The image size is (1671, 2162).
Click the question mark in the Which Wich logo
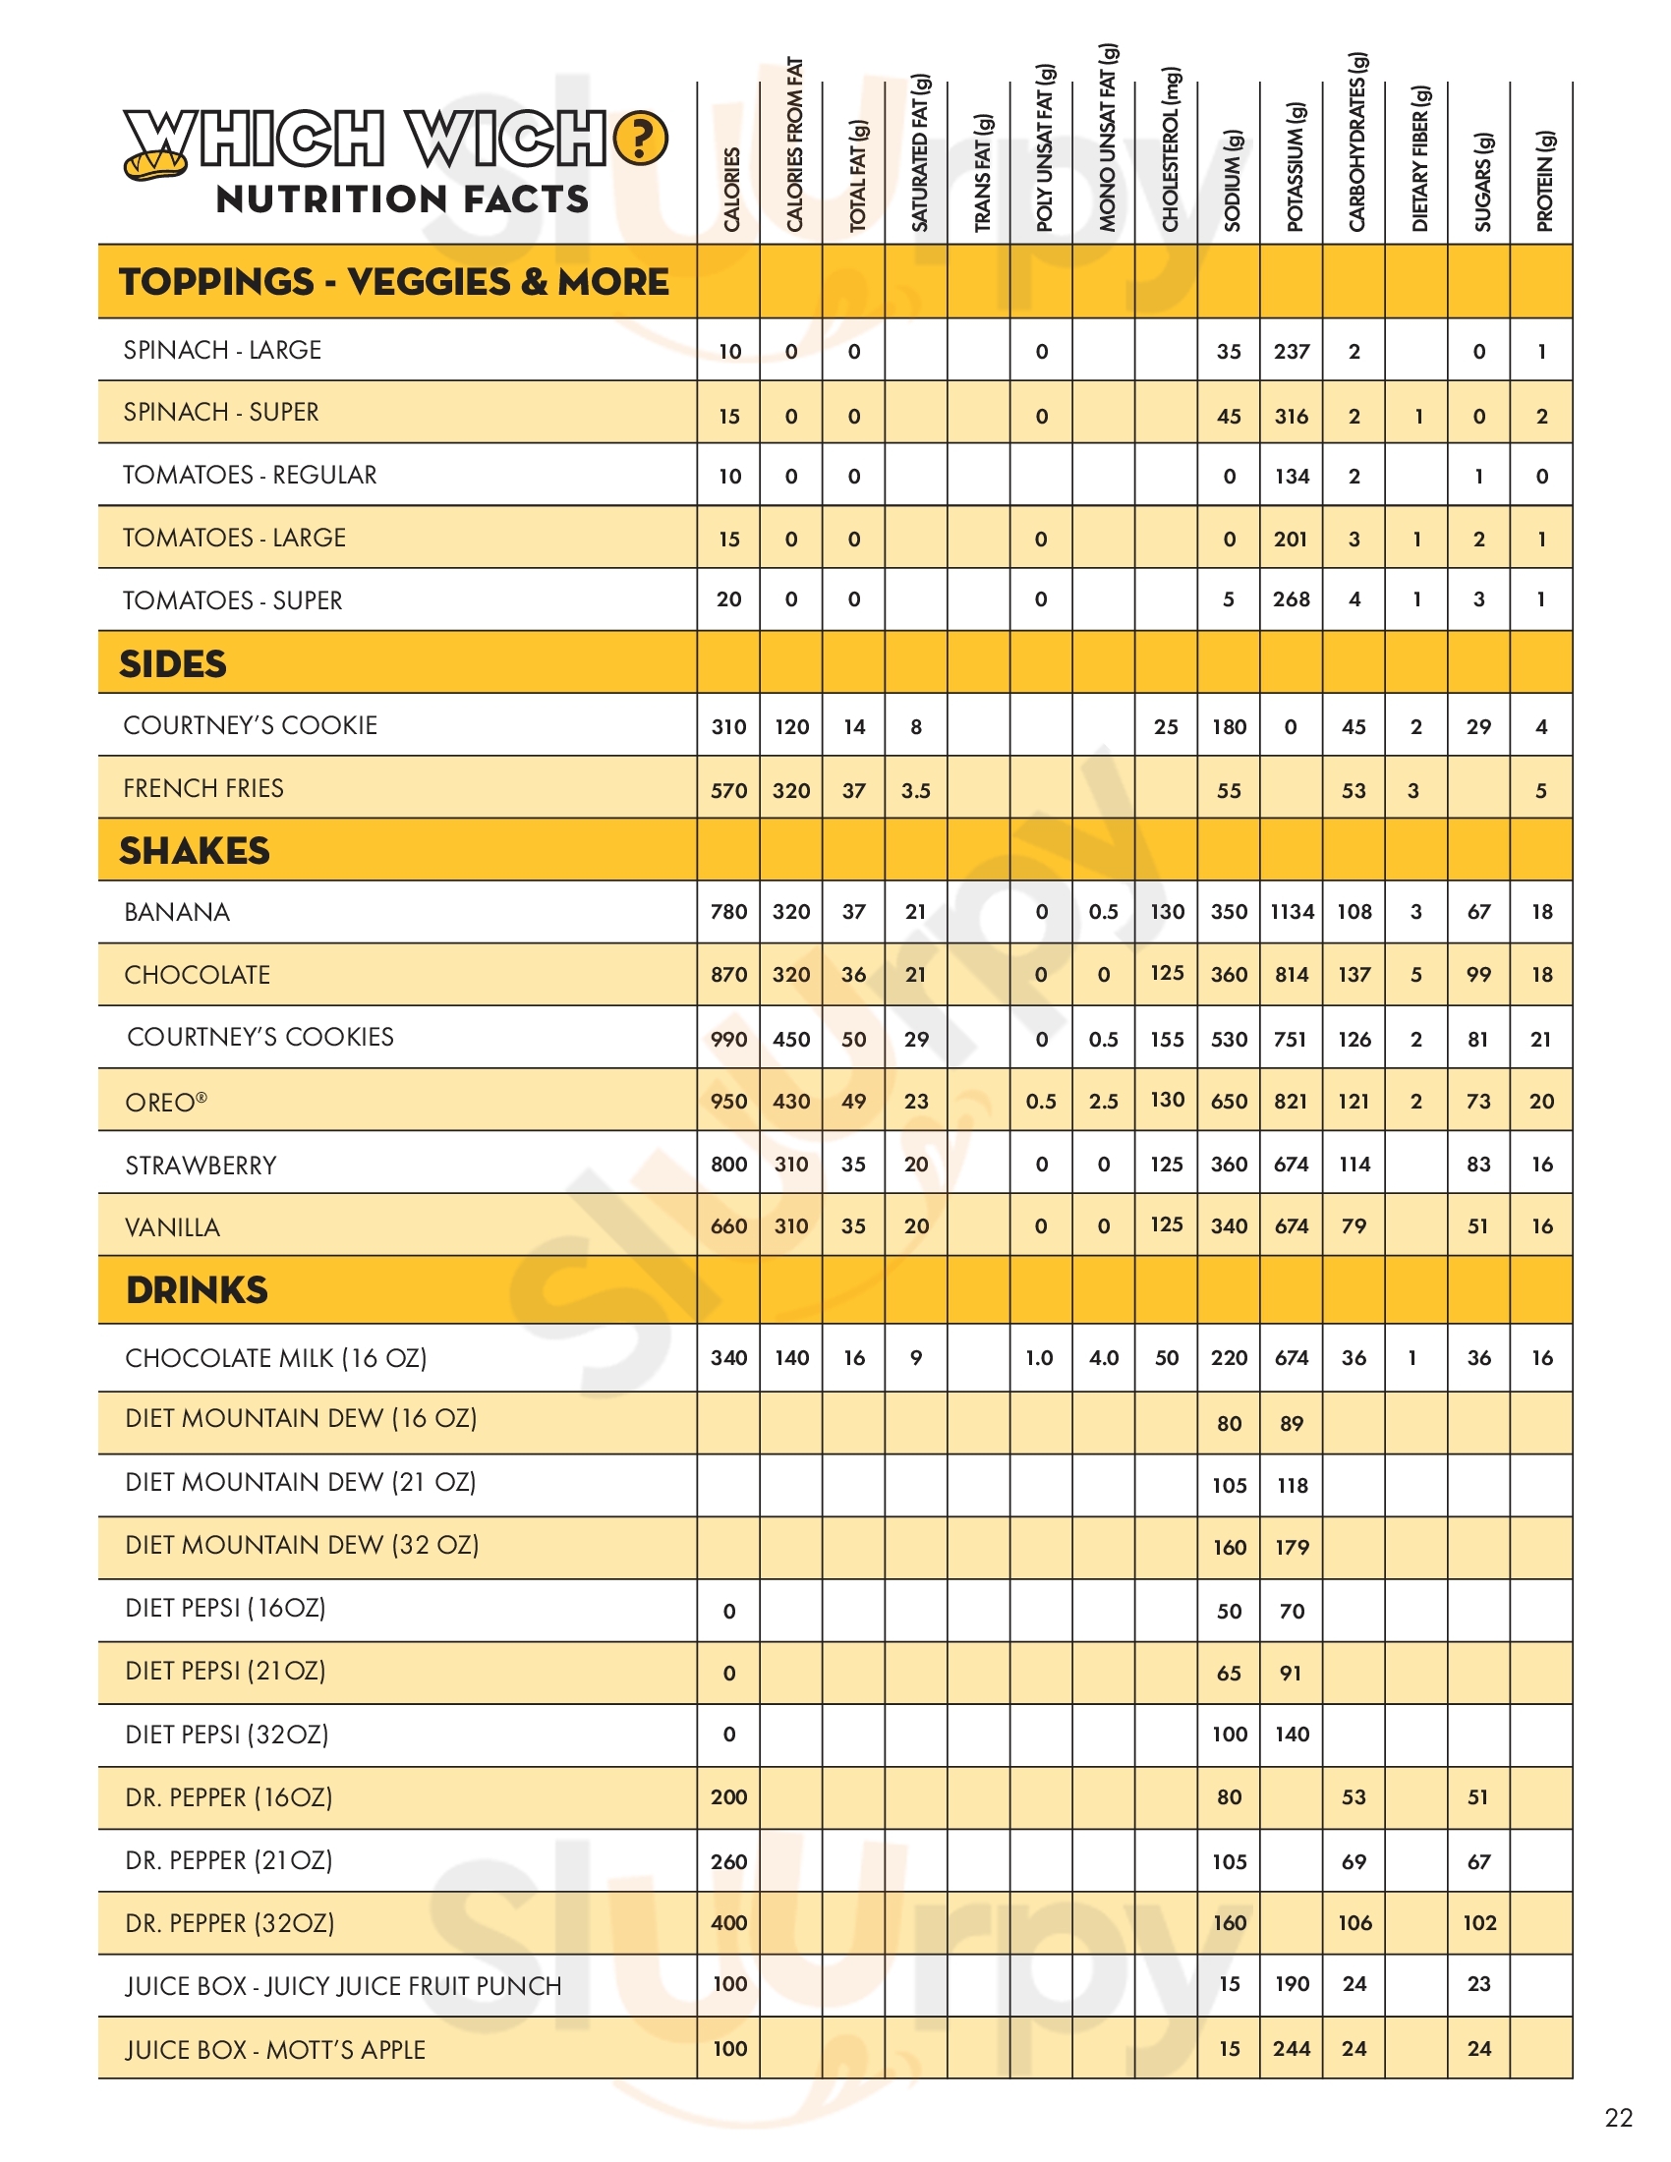(x=641, y=139)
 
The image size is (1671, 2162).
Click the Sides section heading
(x=173, y=663)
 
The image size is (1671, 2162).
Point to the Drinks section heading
(x=197, y=1290)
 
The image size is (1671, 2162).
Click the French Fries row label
(x=202, y=788)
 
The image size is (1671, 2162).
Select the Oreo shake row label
(x=166, y=1102)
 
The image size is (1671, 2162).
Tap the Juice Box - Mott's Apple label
(x=275, y=2049)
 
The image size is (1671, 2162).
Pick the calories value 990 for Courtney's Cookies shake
(x=728, y=1040)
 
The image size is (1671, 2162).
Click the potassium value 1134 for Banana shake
(x=1292, y=912)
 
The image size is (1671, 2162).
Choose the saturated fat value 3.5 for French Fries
(x=916, y=791)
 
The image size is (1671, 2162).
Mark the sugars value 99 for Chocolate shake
(x=1479, y=975)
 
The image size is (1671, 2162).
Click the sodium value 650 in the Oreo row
(x=1229, y=1102)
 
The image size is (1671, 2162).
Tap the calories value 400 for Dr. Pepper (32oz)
(x=728, y=1922)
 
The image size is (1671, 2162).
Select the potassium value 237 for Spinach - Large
(x=1292, y=352)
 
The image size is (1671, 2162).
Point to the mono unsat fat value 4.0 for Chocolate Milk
(x=1104, y=1358)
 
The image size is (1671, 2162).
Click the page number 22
(x=1619, y=2118)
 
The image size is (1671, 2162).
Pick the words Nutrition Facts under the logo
(x=403, y=199)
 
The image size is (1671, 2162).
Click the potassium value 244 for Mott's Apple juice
(x=1292, y=2049)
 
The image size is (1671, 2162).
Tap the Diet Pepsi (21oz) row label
(x=226, y=1671)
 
